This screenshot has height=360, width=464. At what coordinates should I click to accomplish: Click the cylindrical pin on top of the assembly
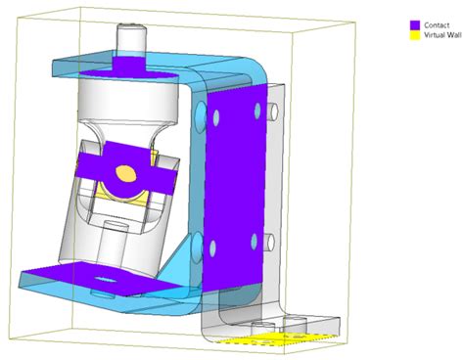(x=130, y=38)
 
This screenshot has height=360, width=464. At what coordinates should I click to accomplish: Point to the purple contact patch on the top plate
(x=129, y=65)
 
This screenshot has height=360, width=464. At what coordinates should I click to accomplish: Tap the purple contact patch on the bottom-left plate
(x=78, y=280)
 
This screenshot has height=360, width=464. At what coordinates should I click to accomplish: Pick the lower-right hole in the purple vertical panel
(x=255, y=241)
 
